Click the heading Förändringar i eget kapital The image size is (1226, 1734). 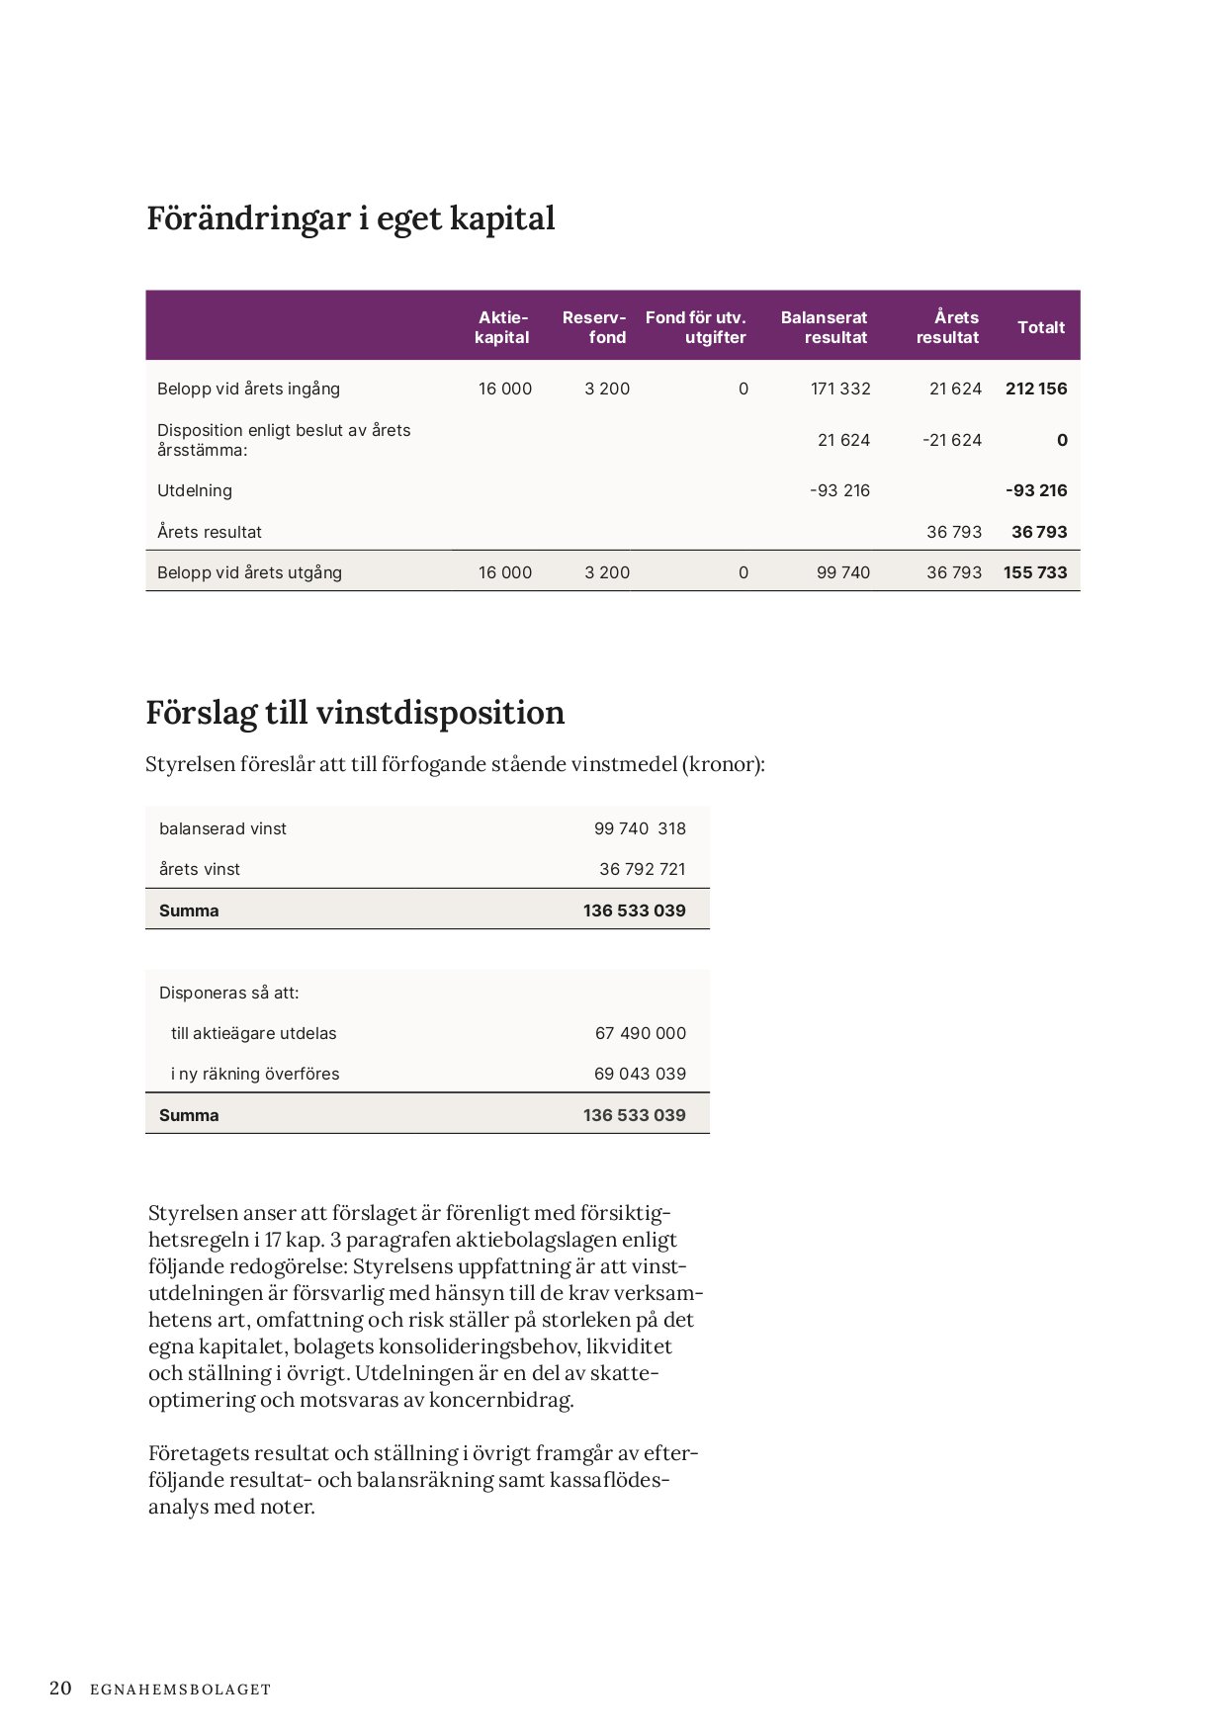click(x=351, y=218)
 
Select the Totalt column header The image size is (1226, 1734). click(x=1041, y=327)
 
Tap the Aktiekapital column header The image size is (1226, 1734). click(x=502, y=327)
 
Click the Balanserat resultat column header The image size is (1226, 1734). click(x=824, y=327)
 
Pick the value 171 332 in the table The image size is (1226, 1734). click(x=840, y=389)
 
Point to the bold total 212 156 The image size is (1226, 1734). click(x=1036, y=389)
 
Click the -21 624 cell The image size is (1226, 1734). click(x=952, y=440)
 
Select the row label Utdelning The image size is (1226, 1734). click(x=195, y=490)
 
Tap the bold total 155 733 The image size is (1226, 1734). click(x=1035, y=572)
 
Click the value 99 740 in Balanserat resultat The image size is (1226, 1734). click(x=843, y=572)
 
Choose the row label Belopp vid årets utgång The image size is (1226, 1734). click(x=249, y=572)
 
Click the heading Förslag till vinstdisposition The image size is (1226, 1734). click(x=355, y=713)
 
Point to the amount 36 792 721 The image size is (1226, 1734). click(x=642, y=869)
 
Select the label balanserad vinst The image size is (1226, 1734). click(x=222, y=828)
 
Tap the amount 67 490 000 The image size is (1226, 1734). click(x=640, y=1033)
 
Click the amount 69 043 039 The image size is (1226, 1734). click(x=640, y=1074)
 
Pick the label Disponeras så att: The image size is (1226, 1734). click(x=228, y=993)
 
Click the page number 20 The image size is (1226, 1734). click(x=60, y=1689)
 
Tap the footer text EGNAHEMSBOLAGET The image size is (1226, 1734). click(x=180, y=1690)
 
